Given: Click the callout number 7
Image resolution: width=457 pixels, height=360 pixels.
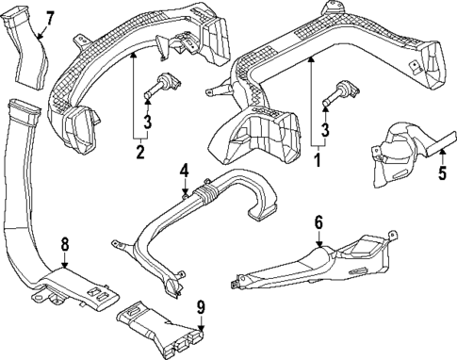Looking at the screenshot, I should point(50,17).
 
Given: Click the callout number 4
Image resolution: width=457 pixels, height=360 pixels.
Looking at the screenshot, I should point(185,171).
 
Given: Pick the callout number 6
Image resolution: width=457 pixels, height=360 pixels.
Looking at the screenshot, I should point(318,222).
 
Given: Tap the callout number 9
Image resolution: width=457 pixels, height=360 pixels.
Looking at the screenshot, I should point(201,306).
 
